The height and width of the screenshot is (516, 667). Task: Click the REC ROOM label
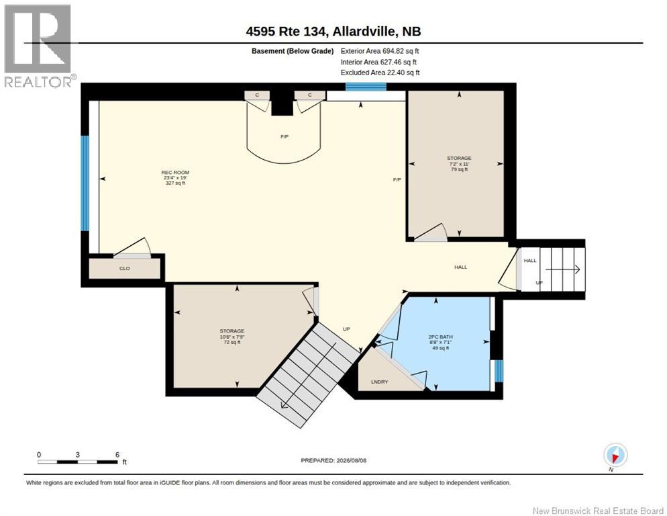[x=175, y=177]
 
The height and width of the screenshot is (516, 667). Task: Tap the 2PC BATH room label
[x=440, y=342]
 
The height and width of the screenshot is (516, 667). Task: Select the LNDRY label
[x=379, y=382]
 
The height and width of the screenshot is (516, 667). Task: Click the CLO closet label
[x=125, y=269]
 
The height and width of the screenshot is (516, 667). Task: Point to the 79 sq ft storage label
[x=459, y=164]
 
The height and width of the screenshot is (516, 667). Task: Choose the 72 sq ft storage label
[x=232, y=336]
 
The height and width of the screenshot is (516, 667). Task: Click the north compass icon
[x=615, y=456]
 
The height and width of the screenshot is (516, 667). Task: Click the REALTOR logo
[x=38, y=46]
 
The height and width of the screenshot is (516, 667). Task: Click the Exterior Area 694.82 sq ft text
[x=380, y=50]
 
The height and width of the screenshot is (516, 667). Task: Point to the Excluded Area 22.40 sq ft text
[x=380, y=73]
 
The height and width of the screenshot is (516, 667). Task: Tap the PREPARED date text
[x=333, y=460]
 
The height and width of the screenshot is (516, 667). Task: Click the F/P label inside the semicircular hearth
[x=285, y=136]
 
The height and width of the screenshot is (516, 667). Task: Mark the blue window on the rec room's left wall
[x=85, y=183]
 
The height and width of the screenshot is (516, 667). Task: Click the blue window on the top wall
[x=366, y=87]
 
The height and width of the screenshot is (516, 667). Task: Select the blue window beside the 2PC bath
[x=499, y=371]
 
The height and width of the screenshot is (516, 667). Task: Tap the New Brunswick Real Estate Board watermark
[x=598, y=511]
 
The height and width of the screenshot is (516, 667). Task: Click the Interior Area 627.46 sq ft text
[x=378, y=62]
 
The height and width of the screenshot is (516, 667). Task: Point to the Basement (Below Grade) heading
[x=293, y=51]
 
